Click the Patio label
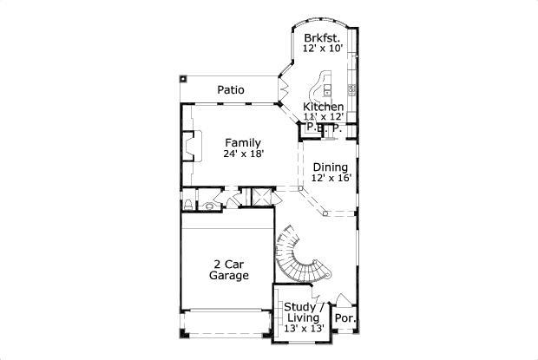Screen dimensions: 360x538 (230, 90)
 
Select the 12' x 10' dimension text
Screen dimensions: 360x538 (323, 49)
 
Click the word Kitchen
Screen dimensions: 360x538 (323, 107)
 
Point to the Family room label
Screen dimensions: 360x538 (243, 143)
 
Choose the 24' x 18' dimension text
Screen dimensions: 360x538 (243, 154)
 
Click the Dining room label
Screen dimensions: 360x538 (331, 167)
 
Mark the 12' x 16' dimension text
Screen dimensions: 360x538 (331, 178)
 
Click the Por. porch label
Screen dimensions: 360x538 (345, 318)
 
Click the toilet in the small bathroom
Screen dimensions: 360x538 (188, 205)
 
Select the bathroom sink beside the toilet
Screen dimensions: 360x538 (210, 206)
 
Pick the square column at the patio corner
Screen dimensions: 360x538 (183, 79)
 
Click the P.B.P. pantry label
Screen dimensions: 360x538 (325, 128)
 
